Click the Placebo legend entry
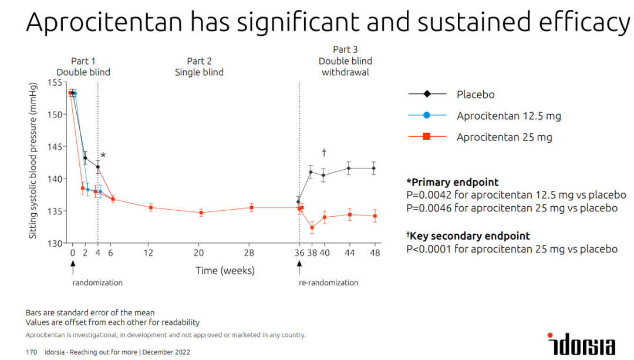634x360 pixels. click(x=475, y=95)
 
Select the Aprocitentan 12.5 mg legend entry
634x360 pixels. click(x=508, y=116)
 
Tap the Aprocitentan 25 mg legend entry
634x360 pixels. click(x=504, y=137)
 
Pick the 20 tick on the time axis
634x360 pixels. click(x=198, y=253)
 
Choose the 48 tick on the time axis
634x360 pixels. click(x=375, y=253)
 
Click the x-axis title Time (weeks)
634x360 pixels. click(x=225, y=271)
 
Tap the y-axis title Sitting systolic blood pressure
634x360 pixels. click(x=33, y=160)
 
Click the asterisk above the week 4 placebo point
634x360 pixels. click(x=103, y=156)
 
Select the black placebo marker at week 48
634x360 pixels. click(x=374, y=169)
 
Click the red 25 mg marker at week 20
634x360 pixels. click(x=201, y=213)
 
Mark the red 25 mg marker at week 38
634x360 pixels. click(x=312, y=227)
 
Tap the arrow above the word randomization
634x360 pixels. click(x=73, y=267)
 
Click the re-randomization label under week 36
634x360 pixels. click(x=328, y=282)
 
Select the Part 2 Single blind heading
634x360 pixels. click(x=199, y=66)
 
